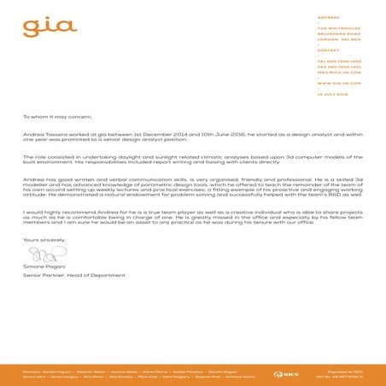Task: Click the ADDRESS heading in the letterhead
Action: (x=328, y=17)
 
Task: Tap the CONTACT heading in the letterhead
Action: (x=329, y=50)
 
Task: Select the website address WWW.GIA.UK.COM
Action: (x=338, y=83)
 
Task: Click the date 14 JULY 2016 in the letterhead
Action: (x=333, y=94)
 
